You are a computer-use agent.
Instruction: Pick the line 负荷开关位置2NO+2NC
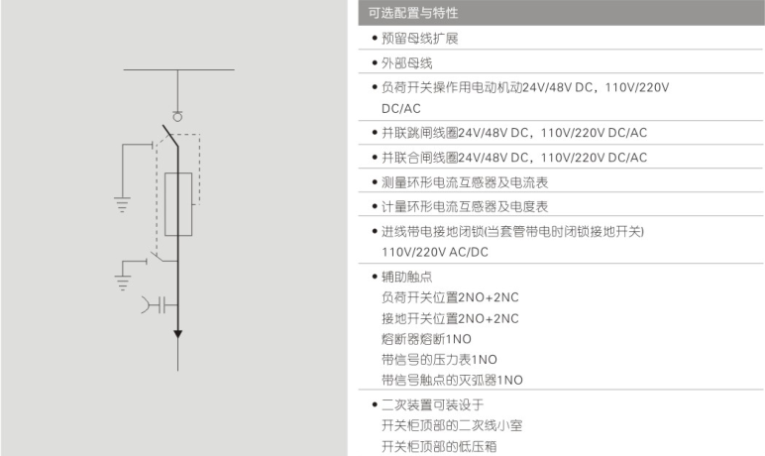(x=450, y=297)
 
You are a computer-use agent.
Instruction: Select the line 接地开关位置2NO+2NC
(x=450, y=318)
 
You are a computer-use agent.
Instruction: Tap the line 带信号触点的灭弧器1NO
(x=452, y=381)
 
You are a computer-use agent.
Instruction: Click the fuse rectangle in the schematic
(x=178, y=203)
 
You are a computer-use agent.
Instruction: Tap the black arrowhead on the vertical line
(x=178, y=333)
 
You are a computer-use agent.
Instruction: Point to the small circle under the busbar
(x=178, y=116)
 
